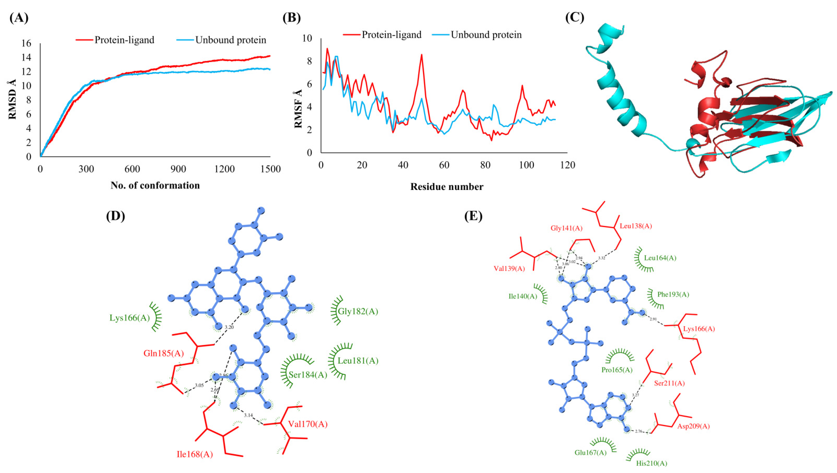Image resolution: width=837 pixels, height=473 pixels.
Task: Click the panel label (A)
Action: coord(19,18)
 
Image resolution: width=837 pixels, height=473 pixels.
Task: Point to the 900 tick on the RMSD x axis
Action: coord(178,169)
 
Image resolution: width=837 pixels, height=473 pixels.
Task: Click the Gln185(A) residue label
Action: coord(163,353)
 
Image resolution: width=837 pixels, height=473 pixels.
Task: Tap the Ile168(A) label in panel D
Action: coord(195,454)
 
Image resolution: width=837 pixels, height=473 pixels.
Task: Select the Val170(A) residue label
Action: coord(308,424)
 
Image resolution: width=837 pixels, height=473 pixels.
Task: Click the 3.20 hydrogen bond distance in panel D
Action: coord(229,327)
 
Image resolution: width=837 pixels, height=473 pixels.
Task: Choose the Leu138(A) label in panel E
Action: coord(636,226)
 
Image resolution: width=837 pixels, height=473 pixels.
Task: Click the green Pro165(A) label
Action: coord(617,370)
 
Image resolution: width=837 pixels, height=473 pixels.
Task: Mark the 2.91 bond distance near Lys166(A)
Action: coord(653,319)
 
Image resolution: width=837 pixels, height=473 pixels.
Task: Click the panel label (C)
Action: coord(575,18)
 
